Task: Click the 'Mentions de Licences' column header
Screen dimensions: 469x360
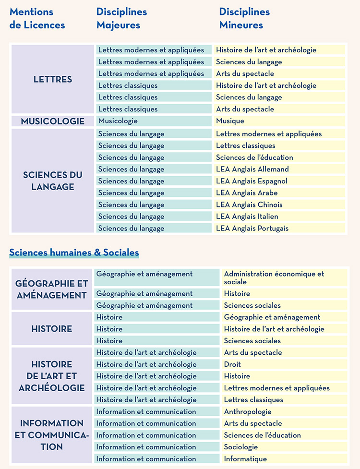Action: pyautogui.click(x=37, y=18)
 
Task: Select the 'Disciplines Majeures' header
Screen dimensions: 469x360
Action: pyautogui.click(x=121, y=18)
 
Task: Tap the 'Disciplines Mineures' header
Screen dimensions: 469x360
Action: pyautogui.click(x=244, y=18)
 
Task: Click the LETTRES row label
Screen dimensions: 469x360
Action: pyautogui.click(x=53, y=79)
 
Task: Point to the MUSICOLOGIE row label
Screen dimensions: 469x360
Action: pyautogui.click(x=53, y=121)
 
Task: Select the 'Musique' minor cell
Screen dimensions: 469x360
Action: pyautogui.click(x=230, y=121)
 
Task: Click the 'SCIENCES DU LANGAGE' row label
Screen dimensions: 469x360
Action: pyautogui.click(x=53, y=180)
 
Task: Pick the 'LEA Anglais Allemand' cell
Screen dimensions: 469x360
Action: pyautogui.click(x=252, y=169)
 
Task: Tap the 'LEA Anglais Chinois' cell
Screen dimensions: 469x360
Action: pyautogui.click(x=249, y=204)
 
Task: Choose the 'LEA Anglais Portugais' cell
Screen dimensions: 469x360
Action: pyautogui.click(x=252, y=228)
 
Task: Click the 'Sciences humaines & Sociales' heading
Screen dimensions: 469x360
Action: pyautogui.click(x=74, y=253)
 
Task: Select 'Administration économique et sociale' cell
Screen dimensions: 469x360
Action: pyautogui.click(x=274, y=277)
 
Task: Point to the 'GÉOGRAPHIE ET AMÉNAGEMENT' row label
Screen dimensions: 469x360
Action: pyautogui.click(x=52, y=289)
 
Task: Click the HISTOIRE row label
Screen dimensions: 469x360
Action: pyautogui.click(x=52, y=329)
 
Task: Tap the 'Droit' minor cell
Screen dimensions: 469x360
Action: pyautogui.click(x=232, y=364)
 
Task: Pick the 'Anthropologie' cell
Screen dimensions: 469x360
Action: pyautogui.click(x=248, y=411)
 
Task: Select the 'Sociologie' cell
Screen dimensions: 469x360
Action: pyautogui.click(x=241, y=447)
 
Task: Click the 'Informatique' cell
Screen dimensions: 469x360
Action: pyautogui.click(x=245, y=459)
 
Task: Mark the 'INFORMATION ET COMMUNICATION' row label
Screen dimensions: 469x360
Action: pyautogui.click(x=52, y=435)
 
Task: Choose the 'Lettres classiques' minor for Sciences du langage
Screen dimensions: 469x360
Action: pyautogui.click(x=246, y=145)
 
